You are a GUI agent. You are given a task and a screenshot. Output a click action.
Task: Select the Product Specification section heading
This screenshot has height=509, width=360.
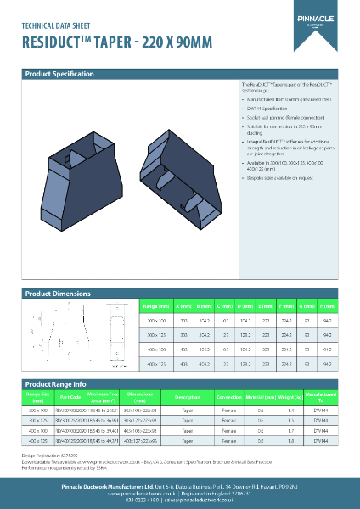59,75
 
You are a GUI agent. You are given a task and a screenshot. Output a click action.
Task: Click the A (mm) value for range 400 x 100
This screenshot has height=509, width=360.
184,350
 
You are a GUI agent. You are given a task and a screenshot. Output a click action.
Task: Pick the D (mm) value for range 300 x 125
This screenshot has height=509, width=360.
245,335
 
